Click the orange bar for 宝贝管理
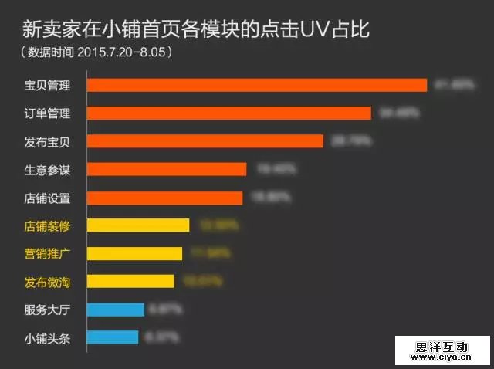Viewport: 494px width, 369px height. (256, 85)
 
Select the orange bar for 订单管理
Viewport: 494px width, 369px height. (228, 113)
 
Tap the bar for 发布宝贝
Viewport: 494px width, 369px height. (205, 140)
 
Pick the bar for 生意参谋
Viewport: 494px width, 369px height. (166, 169)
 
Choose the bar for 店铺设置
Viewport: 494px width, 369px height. (164, 198)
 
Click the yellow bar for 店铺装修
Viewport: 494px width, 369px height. (137, 225)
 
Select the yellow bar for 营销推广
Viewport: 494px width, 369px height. (134, 253)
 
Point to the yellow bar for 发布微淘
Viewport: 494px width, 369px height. (130, 281)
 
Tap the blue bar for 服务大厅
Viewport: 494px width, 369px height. (115, 310)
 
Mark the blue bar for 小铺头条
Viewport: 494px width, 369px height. (112, 337)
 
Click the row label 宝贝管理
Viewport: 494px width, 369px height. (46, 86)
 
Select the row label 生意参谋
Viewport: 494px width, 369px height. (46, 170)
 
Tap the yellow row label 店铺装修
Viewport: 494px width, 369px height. (46, 226)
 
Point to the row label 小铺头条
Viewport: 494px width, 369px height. (46, 338)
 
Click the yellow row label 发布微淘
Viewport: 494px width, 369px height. (46, 282)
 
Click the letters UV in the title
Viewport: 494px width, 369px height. (316, 31)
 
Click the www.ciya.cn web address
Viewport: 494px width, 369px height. (442, 357)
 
